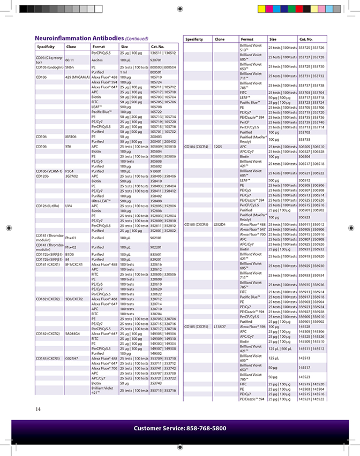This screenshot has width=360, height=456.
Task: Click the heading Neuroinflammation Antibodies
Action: (x=79, y=39)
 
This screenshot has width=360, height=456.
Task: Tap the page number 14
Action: (x=38, y=409)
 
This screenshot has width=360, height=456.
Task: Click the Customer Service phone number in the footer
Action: (x=179, y=428)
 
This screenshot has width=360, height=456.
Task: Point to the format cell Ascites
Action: (x=97, y=60)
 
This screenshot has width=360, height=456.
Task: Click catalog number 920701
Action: (x=156, y=60)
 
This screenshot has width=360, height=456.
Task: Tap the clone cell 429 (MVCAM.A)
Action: (x=77, y=77)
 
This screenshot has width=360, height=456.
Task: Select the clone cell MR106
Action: (x=71, y=136)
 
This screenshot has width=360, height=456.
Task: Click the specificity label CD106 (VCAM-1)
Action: (x=49, y=171)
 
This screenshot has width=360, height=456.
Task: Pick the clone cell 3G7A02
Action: (x=72, y=176)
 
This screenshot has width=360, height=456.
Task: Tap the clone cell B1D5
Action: (x=69, y=254)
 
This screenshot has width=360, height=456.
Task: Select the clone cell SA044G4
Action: (x=73, y=333)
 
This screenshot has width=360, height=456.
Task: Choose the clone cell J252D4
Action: (x=220, y=224)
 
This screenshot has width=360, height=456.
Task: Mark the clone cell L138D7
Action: (x=220, y=326)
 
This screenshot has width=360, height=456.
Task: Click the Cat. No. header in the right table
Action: (x=306, y=39)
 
